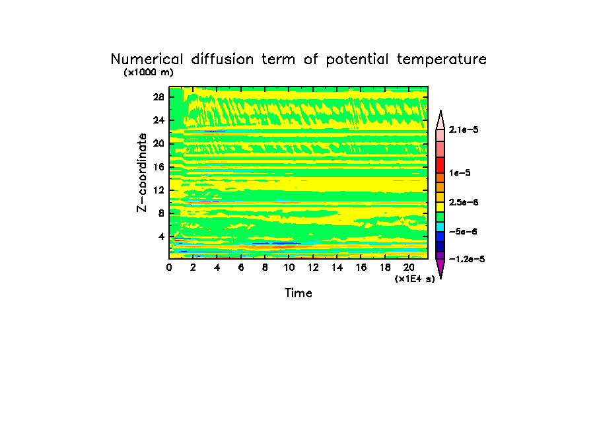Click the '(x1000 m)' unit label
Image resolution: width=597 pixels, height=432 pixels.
(148, 73)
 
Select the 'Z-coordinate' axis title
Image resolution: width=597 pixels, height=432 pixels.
(141, 172)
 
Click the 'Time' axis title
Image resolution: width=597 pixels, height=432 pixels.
(298, 293)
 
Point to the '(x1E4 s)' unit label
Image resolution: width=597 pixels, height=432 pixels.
(415, 279)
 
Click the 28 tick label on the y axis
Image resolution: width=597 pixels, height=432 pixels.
(158, 96)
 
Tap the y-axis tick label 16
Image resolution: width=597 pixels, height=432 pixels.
(158, 166)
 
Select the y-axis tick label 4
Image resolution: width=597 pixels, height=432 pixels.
(161, 236)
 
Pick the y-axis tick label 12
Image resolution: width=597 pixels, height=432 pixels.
(158, 190)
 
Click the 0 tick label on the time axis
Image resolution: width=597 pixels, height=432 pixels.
(169, 268)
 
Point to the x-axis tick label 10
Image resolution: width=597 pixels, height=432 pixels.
(289, 268)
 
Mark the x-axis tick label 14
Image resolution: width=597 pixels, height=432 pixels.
(337, 268)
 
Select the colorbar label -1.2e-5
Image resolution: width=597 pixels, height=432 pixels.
(467, 259)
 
